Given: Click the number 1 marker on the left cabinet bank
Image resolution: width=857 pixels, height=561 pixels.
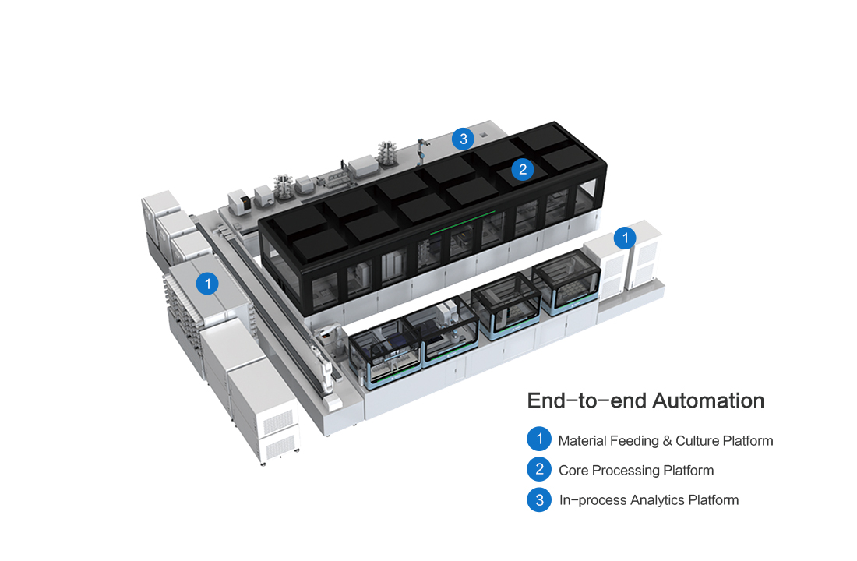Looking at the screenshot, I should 207,284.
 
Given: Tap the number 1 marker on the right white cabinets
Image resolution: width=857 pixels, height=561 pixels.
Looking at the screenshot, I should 624,237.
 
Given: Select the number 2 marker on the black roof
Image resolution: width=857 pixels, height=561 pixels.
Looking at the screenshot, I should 522,168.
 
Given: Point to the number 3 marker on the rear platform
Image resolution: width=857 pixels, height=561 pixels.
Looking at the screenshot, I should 463,139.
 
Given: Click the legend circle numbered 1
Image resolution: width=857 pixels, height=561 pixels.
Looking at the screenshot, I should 539,439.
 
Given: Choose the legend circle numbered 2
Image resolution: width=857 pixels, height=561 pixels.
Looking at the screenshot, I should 539,469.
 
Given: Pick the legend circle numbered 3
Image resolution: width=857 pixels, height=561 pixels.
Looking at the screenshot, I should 539,499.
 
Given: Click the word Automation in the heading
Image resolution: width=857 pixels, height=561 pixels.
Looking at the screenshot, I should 708,400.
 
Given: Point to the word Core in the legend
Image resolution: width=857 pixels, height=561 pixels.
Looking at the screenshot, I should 573,471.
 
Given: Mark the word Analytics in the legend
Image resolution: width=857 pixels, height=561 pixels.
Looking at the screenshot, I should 658,500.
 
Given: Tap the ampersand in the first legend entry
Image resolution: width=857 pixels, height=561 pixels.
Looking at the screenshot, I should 667,441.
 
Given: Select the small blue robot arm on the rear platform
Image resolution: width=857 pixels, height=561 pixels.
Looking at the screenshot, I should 421,147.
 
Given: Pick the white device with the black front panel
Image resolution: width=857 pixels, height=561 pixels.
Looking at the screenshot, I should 242,200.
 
